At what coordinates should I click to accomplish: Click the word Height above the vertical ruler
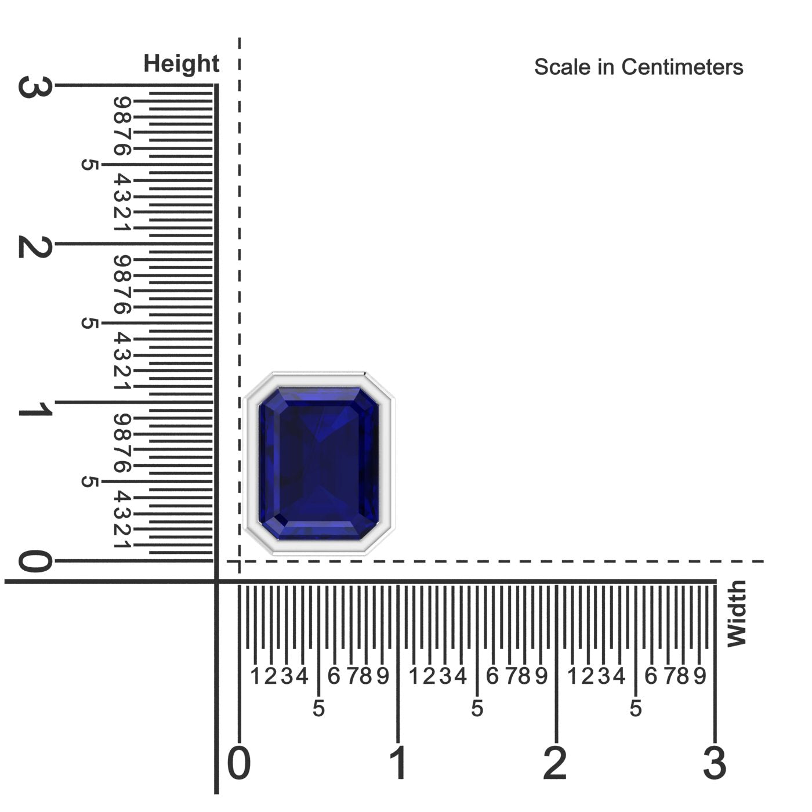point(181,64)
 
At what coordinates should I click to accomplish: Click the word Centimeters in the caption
point(682,67)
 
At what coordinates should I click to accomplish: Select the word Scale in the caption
point(562,67)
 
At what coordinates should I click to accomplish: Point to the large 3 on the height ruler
point(35,86)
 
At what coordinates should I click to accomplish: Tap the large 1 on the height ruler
point(35,408)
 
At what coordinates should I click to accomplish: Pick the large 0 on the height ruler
point(35,561)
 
